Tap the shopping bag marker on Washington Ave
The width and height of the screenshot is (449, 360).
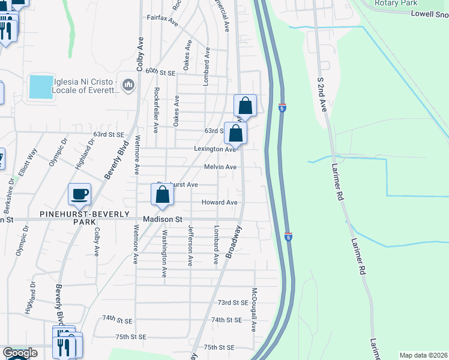click(x=162, y=195)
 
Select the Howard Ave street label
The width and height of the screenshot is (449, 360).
click(x=219, y=203)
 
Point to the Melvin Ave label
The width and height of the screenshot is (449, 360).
click(x=220, y=167)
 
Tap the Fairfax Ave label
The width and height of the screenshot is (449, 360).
click(x=163, y=19)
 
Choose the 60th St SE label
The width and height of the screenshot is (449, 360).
click(x=159, y=72)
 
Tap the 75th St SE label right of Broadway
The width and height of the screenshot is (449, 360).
click(x=218, y=347)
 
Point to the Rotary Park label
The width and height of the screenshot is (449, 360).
click(x=396, y=3)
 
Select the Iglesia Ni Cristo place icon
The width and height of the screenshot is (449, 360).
click(x=128, y=86)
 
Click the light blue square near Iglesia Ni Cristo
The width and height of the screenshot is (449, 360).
click(x=40, y=87)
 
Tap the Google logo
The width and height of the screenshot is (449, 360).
click(x=19, y=353)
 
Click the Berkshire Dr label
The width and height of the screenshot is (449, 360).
click(x=10, y=187)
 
